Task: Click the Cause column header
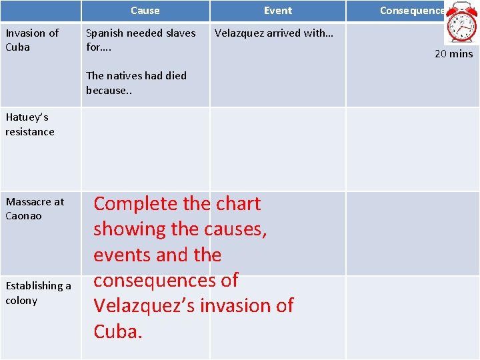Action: pos(145,11)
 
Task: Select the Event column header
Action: pos(277,11)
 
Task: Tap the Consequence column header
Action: pos(411,11)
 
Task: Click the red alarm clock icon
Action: pos(461,23)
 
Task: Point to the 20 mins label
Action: pos(453,54)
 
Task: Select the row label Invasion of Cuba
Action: pos(32,40)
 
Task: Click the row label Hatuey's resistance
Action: pos(30,125)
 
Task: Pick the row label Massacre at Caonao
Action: pos(35,209)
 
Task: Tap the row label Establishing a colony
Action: pos(38,293)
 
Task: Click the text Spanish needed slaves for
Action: pos(141,40)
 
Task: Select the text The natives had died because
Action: pos(136,83)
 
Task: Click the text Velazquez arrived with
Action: pos(273,33)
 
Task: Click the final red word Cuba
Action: pos(117,331)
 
